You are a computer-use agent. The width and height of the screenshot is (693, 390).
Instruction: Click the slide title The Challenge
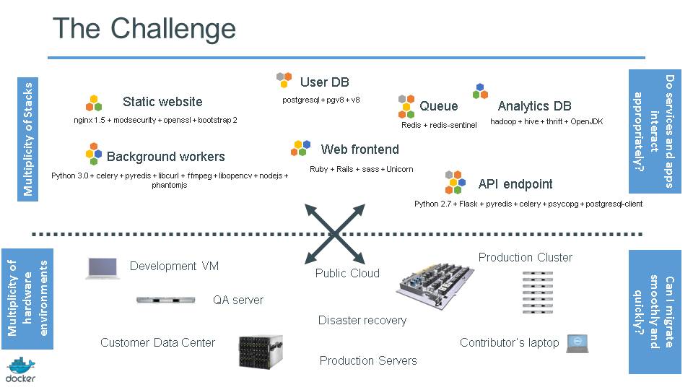pyautogui.click(x=144, y=29)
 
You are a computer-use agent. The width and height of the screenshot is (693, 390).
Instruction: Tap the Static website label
pyautogui.click(x=162, y=102)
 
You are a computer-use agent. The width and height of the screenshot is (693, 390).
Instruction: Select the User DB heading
pyautogui.click(x=324, y=82)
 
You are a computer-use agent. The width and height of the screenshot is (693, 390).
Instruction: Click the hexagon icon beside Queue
pyautogui.click(x=406, y=106)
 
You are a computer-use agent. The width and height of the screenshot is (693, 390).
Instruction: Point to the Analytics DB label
pyautogui.click(x=534, y=106)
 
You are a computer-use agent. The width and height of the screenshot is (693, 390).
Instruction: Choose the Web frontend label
pyautogui.click(x=359, y=149)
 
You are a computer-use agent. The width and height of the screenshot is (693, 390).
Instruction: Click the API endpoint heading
pyautogui.click(x=515, y=184)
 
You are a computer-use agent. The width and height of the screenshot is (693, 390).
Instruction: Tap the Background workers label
pyautogui.click(x=165, y=157)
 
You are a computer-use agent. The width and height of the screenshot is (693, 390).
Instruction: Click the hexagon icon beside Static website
pyautogui.click(x=94, y=103)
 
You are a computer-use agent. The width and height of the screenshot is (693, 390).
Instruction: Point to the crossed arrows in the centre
pyautogui.click(x=335, y=233)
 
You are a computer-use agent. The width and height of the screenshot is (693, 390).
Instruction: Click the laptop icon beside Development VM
pyautogui.click(x=103, y=268)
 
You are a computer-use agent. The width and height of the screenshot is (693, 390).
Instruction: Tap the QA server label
pyautogui.click(x=237, y=300)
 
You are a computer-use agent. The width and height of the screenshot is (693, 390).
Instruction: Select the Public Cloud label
pyautogui.click(x=347, y=273)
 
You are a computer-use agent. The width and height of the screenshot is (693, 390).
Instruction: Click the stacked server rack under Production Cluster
pyautogui.click(x=537, y=292)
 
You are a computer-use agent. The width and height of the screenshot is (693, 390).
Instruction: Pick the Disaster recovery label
pyautogui.click(x=362, y=320)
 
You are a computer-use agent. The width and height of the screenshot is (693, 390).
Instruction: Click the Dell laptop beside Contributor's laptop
pyautogui.click(x=577, y=344)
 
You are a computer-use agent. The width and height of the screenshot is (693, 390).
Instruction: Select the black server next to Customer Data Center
pyautogui.click(x=260, y=352)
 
